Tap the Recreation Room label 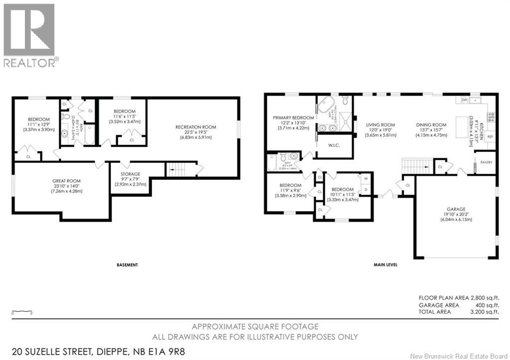point(195,127)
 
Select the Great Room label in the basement point(66,181)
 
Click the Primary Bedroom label point(293,118)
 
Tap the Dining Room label point(432,125)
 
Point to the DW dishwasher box point(464,100)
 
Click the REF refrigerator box point(490,136)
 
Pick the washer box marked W point(366,179)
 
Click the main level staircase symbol point(413,164)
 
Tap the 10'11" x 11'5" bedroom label point(343,189)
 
